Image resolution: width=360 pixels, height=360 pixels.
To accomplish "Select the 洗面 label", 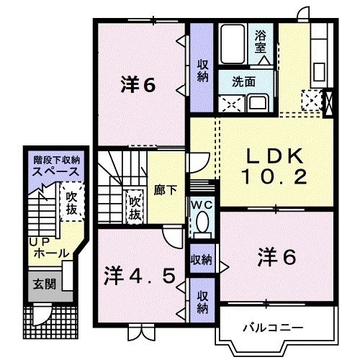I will (242, 82).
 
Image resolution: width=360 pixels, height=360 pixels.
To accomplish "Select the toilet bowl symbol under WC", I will (203, 222).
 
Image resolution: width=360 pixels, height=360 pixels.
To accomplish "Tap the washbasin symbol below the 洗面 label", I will (256, 103).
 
